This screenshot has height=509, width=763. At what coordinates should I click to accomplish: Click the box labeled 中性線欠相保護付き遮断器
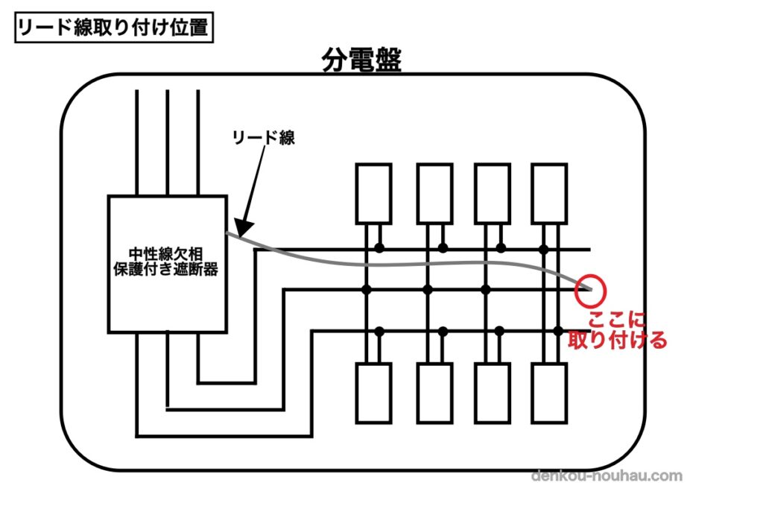click(167, 263)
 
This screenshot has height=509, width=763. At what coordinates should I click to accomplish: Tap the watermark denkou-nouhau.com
click(607, 475)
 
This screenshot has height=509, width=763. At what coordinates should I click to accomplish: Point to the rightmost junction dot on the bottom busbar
click(556, 330)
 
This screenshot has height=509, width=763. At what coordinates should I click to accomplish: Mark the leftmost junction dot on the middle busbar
click(367, 288)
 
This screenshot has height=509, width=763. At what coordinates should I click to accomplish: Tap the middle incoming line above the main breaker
click(168, 142)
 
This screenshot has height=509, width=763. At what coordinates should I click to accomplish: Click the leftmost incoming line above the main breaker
click(138, 142)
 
